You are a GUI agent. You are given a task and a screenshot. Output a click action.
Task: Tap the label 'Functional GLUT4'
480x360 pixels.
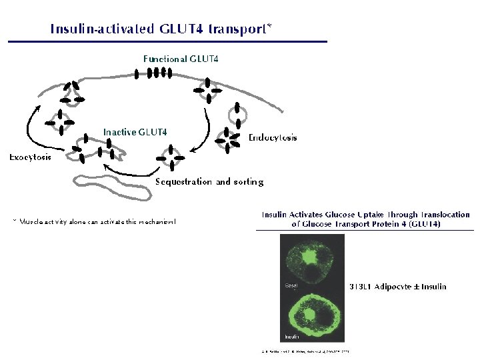pos(181,59)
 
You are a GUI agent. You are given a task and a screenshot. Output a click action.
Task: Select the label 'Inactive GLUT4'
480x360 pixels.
pos(135,132)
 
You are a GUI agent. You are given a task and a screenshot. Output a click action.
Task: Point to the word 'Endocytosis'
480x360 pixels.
pos(273,138)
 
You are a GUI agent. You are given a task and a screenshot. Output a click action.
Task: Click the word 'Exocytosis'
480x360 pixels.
pos(30,157)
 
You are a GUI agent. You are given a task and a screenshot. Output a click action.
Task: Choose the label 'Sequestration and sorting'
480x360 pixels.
pos(209,181)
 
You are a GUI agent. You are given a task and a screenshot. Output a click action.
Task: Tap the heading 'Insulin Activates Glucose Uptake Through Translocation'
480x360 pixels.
pos(365,215)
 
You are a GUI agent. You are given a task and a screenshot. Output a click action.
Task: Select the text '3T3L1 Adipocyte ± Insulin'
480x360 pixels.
pos(398,287)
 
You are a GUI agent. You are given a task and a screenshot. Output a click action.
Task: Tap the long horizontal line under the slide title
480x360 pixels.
pos(167,42)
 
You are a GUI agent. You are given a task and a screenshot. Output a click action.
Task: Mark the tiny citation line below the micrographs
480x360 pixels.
pos(305,351)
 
